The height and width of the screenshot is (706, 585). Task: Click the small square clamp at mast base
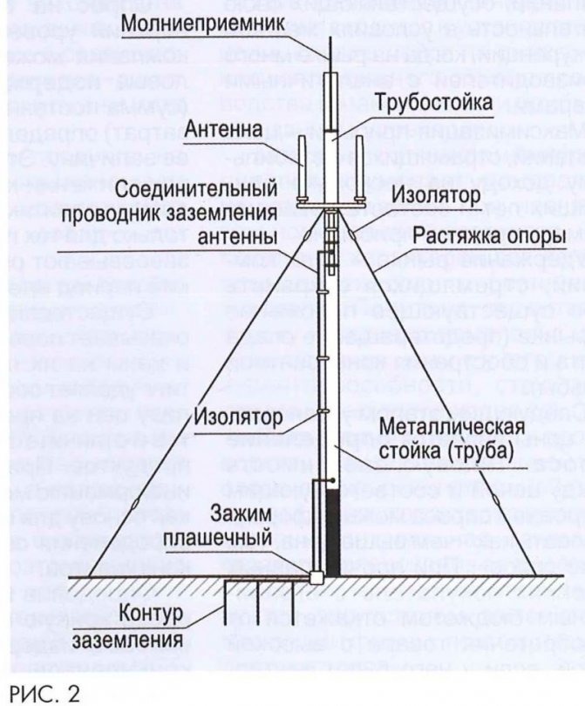coord(316,575)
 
